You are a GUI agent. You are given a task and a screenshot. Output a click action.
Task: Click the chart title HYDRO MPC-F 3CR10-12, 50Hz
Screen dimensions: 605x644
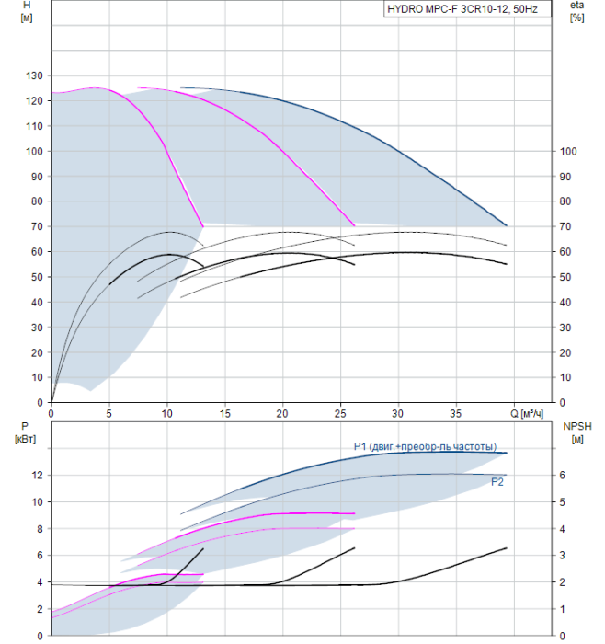coord(462,9)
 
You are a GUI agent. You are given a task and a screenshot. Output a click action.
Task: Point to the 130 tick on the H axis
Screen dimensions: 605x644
coord(34,75)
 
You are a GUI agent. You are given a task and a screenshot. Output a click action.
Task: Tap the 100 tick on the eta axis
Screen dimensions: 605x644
coord(568,152)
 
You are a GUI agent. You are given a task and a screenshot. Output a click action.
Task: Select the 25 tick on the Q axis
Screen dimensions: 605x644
coord(340,414)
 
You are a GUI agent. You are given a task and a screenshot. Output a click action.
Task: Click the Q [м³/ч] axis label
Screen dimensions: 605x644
coord(527,414)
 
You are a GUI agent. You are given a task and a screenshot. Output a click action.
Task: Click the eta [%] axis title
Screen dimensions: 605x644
coord(576,11)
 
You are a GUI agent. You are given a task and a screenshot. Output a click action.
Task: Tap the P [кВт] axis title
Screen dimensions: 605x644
coord(25,432)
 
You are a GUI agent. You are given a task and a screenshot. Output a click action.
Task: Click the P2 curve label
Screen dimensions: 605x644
coord(497,482)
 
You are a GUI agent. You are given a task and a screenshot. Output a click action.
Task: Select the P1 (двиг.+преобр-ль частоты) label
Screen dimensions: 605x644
coord(425,446)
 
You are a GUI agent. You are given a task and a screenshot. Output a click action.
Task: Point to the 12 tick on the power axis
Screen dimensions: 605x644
coord(37,476)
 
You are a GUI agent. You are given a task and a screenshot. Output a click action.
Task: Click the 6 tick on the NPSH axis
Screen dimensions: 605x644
coord(563,476)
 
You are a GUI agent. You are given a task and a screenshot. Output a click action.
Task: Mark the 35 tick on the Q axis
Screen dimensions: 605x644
coord(456,414)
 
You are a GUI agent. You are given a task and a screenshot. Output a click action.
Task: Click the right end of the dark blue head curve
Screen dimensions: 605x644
coord(507,225)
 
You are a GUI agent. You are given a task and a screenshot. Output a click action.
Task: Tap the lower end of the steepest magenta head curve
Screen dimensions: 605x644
coord(203,226)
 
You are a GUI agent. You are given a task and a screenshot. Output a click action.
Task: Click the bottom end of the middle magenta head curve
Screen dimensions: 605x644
coord(354,225)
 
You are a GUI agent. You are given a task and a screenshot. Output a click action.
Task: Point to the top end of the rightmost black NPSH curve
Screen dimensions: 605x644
coord(507,548)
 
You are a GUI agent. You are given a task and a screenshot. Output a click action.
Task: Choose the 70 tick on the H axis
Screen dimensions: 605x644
coord(37,226)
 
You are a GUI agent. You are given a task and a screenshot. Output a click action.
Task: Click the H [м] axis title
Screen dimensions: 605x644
coord(27,11)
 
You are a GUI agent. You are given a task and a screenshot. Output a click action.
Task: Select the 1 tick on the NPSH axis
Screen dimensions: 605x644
coord(563,609)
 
